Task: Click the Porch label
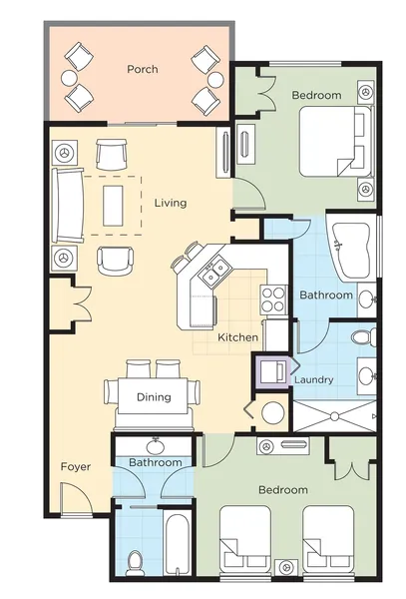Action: [x=143, y=69]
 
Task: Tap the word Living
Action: [x=171, y=203]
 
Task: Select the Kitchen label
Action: [x=237, y=337]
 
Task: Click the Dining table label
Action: [x=154, y=397]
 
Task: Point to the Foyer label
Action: [x=76, y=467]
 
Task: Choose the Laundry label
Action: [x=314, y=379]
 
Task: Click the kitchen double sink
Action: [x=215, y=272]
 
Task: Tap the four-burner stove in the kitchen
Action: [x=274, y=299]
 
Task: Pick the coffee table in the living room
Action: [x=113, y=205]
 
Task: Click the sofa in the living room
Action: [x=68, y=205]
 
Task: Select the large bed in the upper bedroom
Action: [x=335, y=142]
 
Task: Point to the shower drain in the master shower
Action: [x=335, y=416]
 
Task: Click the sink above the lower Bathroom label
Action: [x=155, y=445]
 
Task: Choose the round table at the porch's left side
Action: [x=69, y=78]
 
